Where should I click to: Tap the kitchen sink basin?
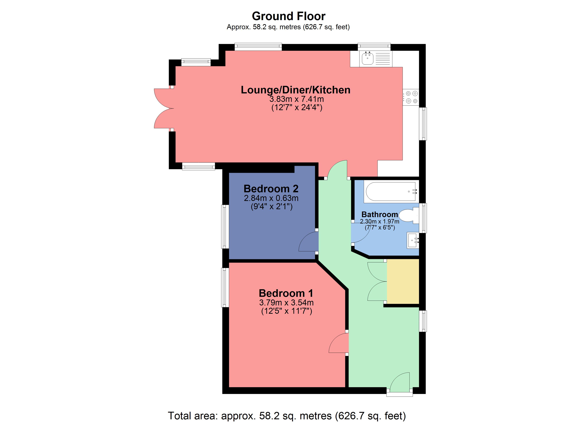(x=367, y=59)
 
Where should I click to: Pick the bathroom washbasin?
(x=413, y=240)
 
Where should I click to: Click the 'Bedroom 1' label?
(x=286, y=293)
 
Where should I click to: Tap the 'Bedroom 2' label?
(x=271, y=189)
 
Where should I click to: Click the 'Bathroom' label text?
(x=380, y=214)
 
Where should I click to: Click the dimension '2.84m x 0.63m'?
(x=271, y=198)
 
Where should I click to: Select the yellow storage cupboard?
(x=403, y=281)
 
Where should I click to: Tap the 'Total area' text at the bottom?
(x=287, y=416)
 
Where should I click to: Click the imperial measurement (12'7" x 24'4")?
(x=297, y=107)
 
